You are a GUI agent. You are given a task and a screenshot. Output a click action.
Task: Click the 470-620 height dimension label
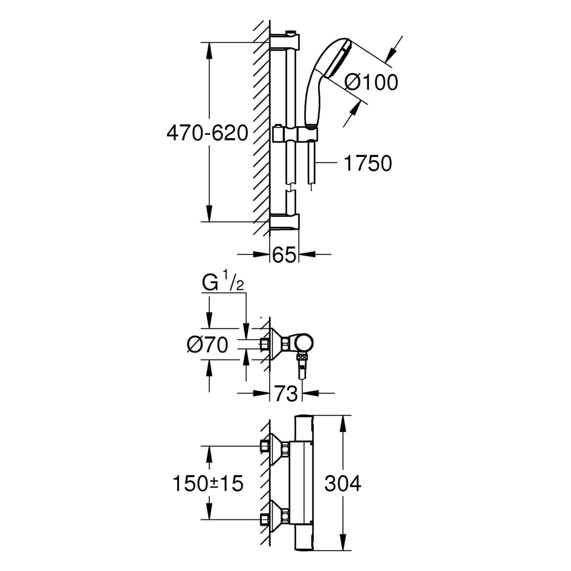tap(207, 134)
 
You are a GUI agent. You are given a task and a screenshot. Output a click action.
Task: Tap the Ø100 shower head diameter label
tap(371, 82)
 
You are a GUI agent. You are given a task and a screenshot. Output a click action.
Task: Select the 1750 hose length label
tap(368, 164)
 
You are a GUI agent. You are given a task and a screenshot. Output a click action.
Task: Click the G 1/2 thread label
tap(223, 285)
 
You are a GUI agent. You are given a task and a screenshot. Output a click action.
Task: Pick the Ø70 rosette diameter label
tap(207, 345)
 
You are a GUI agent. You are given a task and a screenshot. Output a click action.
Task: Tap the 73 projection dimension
tap(286, 394)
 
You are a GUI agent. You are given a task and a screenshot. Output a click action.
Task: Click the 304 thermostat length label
tap(343, 484)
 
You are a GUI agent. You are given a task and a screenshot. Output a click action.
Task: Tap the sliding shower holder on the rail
tap(295, 133)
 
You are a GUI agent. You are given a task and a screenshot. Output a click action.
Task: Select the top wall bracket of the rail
tap(285, 41)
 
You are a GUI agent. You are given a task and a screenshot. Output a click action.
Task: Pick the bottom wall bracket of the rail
tap(285, 222)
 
